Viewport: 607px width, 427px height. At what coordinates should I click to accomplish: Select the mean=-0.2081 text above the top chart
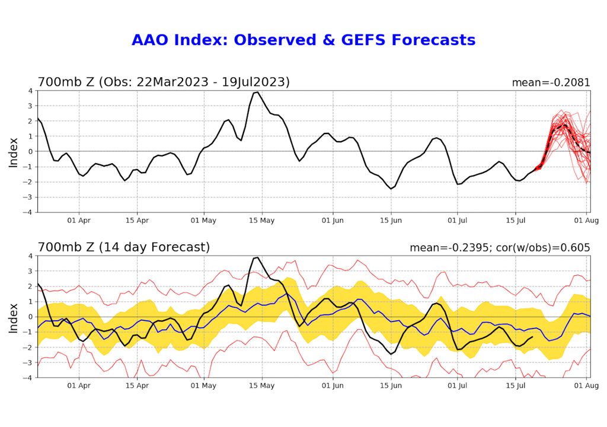[551, 82]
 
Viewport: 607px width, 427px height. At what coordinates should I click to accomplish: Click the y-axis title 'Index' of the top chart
[14, 151]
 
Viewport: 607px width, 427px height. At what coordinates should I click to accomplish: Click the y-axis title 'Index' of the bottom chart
[14, 317]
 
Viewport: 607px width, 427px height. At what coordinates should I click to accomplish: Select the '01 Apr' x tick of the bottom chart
[79, 385]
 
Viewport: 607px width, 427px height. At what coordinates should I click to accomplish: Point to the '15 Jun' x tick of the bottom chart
[391, 385]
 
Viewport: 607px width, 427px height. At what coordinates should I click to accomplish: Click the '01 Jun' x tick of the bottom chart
[333, 385]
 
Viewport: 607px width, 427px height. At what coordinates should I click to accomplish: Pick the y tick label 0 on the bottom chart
[31, 317]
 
